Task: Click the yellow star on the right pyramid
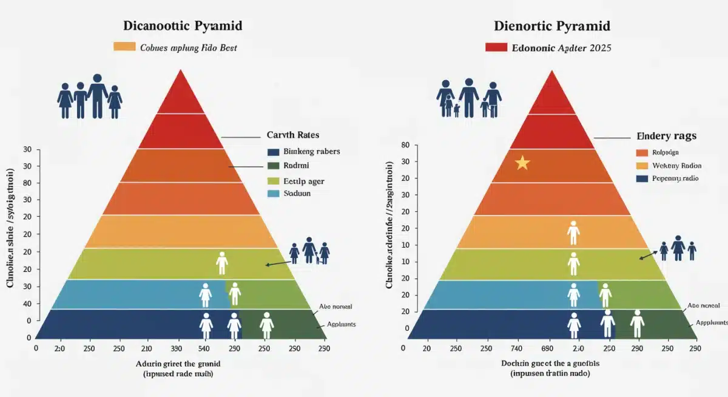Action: tap(522, 163)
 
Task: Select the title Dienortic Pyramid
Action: tap(551, 26)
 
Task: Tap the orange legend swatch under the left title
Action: tap(124, 47)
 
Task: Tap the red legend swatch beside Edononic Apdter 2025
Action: tap(496, 47)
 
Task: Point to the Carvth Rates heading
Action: tap(293, 135)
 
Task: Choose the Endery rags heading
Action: tap(667, 137)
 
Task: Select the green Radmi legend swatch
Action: tap(273, 166)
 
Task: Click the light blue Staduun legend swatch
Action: tap(273, 194)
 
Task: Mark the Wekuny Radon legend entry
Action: tap(675, 166)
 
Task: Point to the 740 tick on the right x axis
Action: tap(517, 349)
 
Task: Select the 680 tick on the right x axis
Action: tap(547, 349)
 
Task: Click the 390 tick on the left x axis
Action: tap(177, 349)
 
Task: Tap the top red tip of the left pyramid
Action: tap(180, 85)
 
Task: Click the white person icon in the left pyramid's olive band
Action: tap(221, 262)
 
